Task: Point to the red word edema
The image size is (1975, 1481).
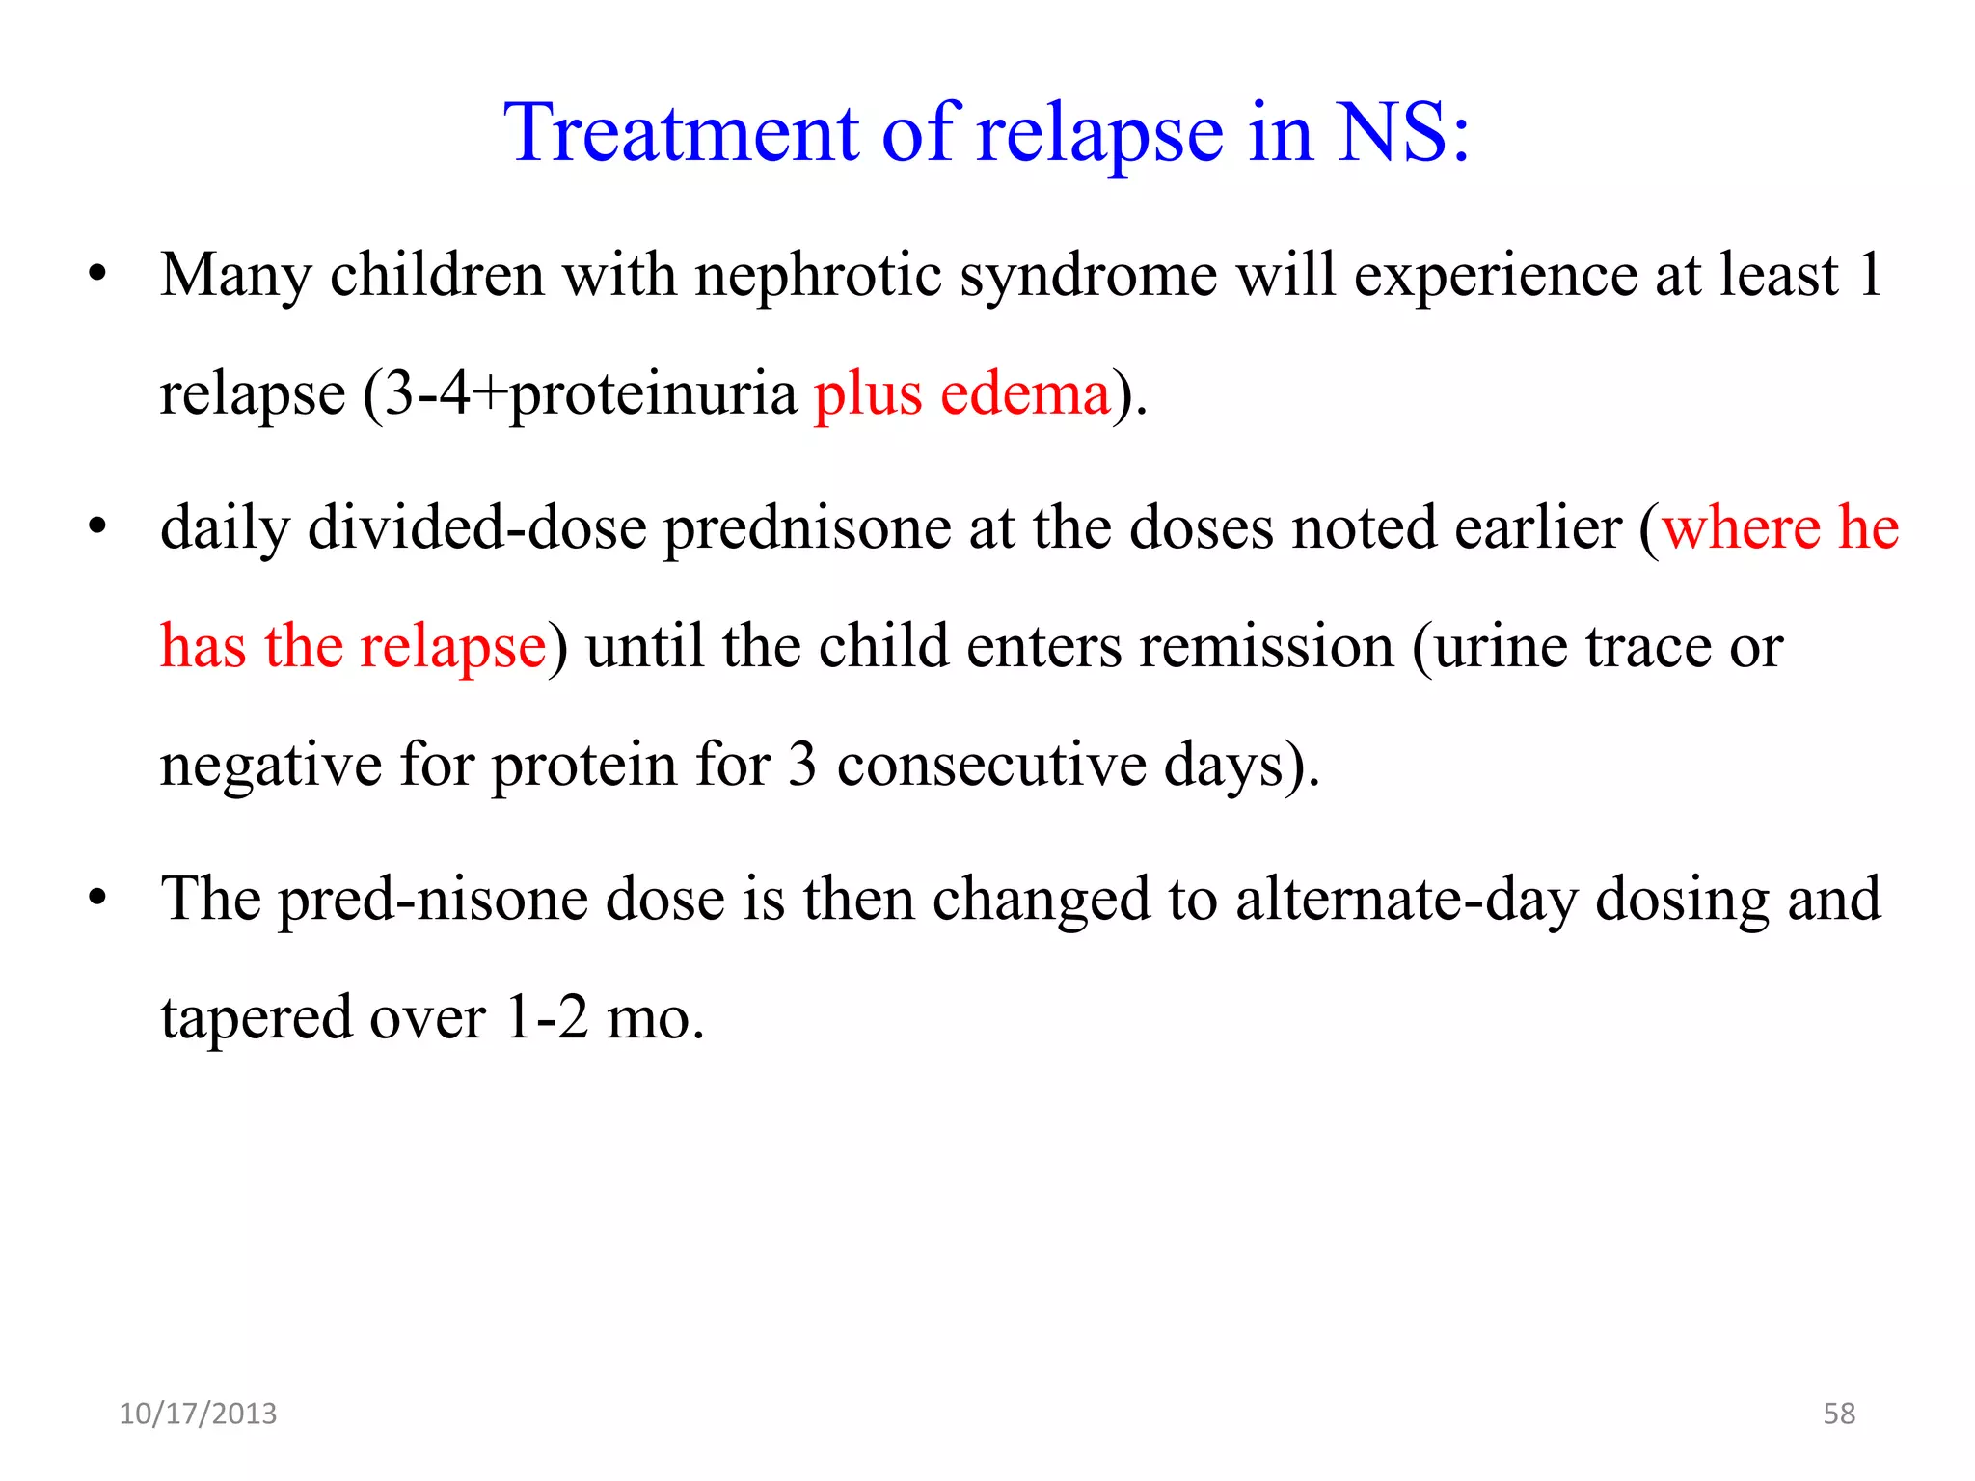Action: click(x=1025, y=394)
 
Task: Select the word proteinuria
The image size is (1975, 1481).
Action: click(x=653, y=394)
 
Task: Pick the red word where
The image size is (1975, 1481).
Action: click(x=1741, y=527)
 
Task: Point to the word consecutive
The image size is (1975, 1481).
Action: click(x=991, y=765)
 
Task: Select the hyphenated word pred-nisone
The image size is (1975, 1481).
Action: click(x=433, y=900)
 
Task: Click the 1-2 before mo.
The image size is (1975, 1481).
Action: click(x=546, y=1017)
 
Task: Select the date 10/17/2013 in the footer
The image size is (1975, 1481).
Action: click(x=198, y=1414)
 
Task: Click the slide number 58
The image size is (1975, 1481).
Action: click(x=1838, y=1414)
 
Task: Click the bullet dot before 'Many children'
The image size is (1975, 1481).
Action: click(x=96, y=276)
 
